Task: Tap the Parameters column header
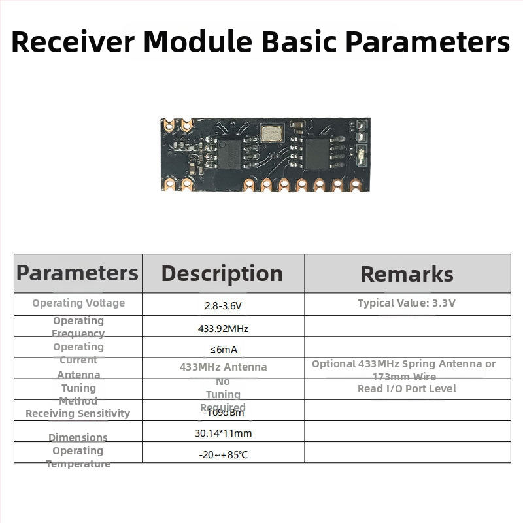pos(77,273)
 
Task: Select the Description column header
pos(222,273)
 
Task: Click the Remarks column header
pos(407,274)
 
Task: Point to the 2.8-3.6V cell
pos(223,305)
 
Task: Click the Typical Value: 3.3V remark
pos(407,303)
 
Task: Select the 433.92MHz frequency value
pos(223,328)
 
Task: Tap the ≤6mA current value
pos(223,349)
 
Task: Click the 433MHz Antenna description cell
pos(223,367)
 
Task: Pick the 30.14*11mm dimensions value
pos(223,433)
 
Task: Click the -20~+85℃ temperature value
pos(223,454)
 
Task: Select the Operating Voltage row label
pos(78,303)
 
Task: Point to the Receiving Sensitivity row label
pos(78,413)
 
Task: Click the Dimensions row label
pos(78,437)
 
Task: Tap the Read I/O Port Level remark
pos(407,389)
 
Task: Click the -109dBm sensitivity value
pos(223,413)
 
